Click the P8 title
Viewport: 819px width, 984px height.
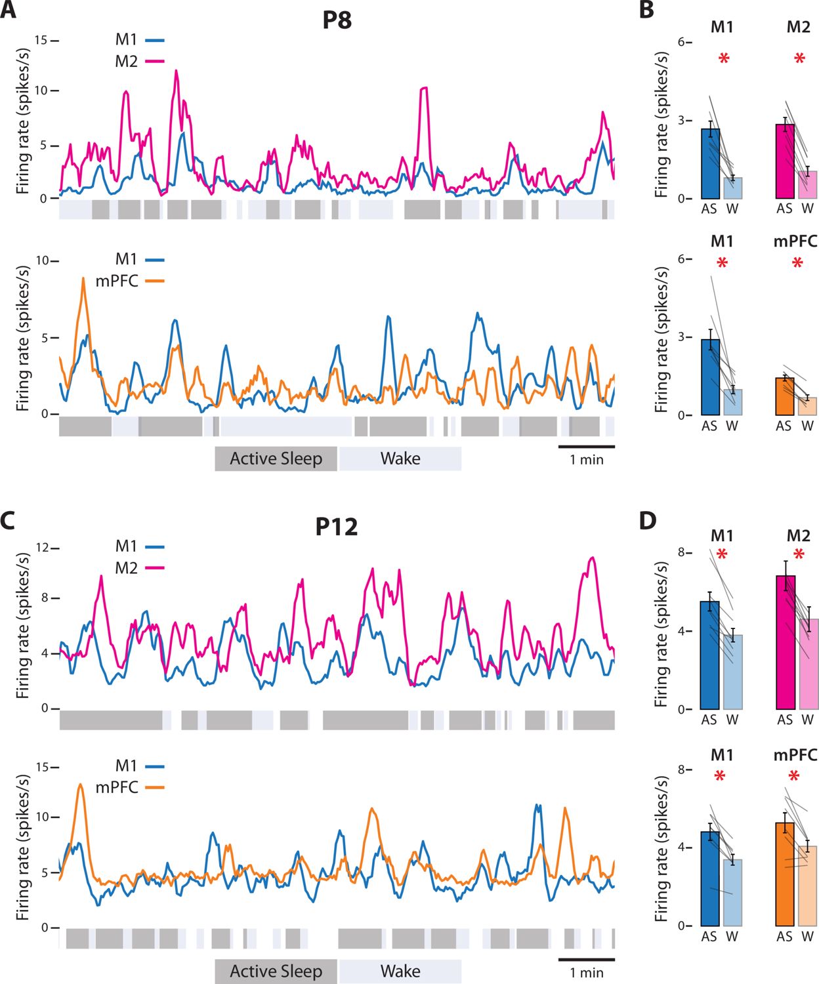[337, 20]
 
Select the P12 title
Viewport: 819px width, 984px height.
[337, 527]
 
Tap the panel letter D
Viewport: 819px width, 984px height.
[648, 522]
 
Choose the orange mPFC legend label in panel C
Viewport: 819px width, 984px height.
[116, 787]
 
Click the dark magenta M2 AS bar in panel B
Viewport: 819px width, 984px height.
[785, 161]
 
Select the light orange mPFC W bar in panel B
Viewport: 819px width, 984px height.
[808, 406]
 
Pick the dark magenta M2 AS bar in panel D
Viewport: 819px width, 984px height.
[786, 643]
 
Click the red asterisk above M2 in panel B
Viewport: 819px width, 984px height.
[799, 59]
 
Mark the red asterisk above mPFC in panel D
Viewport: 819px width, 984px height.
[794, 777]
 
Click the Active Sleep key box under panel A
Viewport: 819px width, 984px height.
[276, 459]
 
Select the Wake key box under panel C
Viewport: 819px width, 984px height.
[400, 972]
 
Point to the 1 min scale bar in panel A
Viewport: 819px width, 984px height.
[586, 446]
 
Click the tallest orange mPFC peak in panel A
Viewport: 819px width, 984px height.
[83, 279]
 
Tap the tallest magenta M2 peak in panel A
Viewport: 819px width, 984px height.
[176, 71]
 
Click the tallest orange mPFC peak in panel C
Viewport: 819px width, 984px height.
[80, 784]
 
